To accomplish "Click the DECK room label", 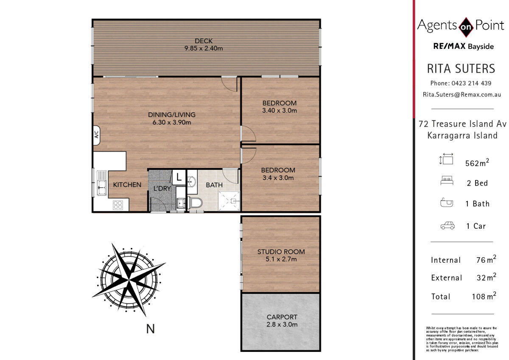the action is point(204,41).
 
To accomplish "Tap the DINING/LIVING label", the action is point(172,115).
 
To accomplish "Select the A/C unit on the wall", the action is point(97,135).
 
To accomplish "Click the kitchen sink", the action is point(101,183).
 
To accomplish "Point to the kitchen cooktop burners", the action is point(118,205).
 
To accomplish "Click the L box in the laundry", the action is point(179,177).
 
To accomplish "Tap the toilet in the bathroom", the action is point(195,202).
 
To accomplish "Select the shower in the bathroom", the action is point(229,201).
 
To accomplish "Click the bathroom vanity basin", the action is point(192,182).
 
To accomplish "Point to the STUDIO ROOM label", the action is point(281,252).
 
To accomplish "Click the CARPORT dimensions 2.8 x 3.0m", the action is point(282,324).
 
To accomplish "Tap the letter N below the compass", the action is point(151,329).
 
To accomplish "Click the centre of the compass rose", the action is point(129,279).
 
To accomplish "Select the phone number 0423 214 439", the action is point(471,83).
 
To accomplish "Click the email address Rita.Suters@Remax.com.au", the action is point(462,95).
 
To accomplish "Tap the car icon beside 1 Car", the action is point(447,225).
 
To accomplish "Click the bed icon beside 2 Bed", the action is point(447,180).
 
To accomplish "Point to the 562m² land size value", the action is point(477,162).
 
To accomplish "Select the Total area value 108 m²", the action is point(484,295).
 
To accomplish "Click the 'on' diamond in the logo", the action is point(466,27).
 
